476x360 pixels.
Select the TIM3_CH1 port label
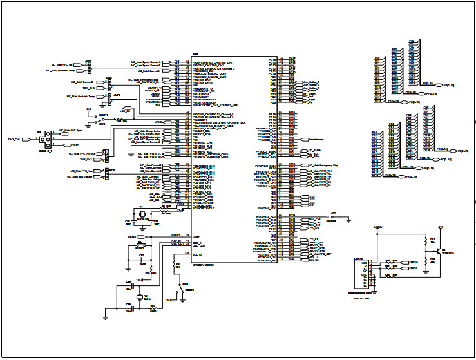pyautogui.click(x=14, y=138)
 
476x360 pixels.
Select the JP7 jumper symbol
pyautogui.click(x=334, y=216)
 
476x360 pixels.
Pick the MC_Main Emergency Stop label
pyautogui.click(x=322, y=166)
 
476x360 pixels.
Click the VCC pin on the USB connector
pyautogui.click(x=365, y=263)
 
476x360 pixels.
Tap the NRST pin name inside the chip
pyautogui.click(x=196, y=237)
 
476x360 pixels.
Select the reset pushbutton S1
pyautogui.click(x=144, y=244)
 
